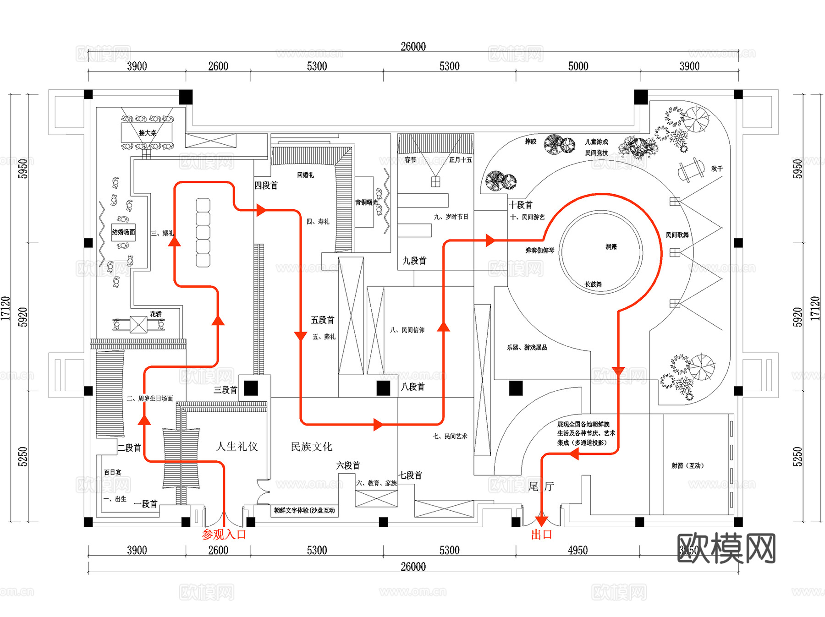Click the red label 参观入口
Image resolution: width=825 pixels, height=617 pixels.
click(224, 535)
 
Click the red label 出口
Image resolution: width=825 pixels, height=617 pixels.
click(541, 535)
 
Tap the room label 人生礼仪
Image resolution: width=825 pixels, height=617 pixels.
click(237, 447)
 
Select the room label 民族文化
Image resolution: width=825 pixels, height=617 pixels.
click(312, 447)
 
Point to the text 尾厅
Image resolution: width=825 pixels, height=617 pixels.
click(541, 486)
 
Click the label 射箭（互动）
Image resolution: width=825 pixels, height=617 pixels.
click(687, 465)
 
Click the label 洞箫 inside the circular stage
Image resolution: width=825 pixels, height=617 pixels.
click(611, 247)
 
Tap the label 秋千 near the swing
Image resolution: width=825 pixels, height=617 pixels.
click(717, 169)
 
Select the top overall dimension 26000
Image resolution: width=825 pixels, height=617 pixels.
click(413, 46)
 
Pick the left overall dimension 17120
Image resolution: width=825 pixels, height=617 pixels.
click(5, 308)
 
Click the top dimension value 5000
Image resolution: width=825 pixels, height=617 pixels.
click(578, 66)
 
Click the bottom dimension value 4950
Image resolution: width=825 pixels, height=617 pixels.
click(577, 550)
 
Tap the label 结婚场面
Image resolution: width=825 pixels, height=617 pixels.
click(123, 232)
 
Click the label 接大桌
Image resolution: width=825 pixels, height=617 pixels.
click(147, 133)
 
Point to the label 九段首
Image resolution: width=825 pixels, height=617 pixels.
click(414, 261)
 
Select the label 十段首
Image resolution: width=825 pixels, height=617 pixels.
click(521, 205)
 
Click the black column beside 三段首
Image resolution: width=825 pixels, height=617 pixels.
click(251, 388)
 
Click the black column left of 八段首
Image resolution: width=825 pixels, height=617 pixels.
click(383, 388)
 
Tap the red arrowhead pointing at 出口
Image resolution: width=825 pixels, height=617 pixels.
click(541, 521)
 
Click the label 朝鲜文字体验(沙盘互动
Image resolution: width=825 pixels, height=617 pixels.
click(304, 510)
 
